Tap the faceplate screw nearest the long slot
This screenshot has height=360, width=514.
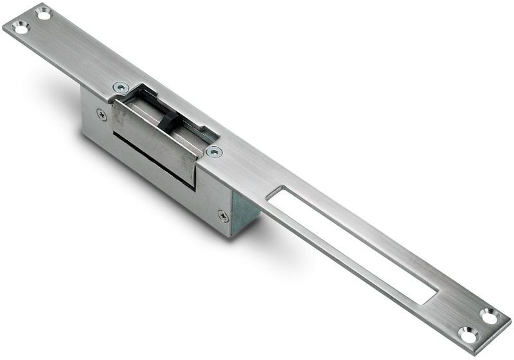coord(214,152)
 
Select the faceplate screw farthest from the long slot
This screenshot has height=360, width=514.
coord(120,86)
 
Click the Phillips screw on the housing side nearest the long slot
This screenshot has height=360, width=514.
coord(223,216)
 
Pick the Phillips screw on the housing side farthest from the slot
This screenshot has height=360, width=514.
coord(102,114)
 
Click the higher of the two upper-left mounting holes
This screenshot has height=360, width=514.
coord(43,12)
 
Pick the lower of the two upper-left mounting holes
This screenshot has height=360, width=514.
coord(20,28)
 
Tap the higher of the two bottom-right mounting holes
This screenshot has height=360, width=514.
coord(489,316)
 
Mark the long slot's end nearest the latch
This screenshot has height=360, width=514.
coord(278,193)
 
